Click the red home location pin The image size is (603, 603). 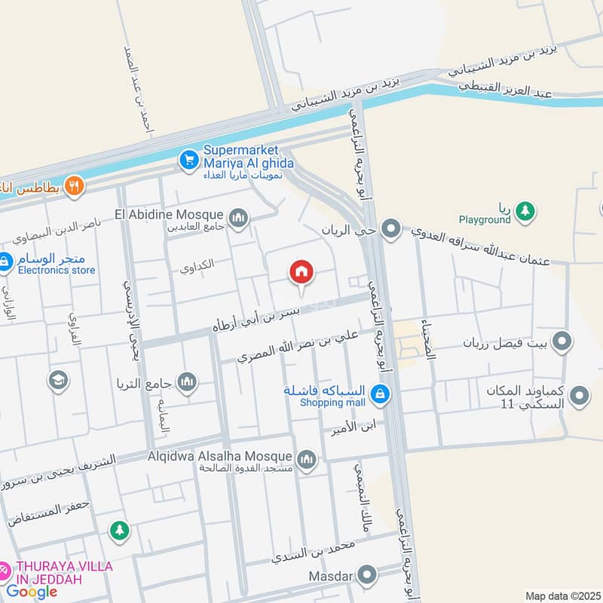tap(301, 273)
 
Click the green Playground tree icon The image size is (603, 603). tap(526, 212)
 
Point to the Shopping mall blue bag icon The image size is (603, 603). tap(380, 393)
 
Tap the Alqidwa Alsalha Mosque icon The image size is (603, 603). tap(306, 459)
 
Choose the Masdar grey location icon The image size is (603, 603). tap(367, 577)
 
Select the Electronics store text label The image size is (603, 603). tap(57, 270)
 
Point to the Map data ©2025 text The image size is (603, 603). tap(562, 595)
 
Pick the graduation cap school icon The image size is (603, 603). tap(57, 381)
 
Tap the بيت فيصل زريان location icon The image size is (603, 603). tap(562, 343)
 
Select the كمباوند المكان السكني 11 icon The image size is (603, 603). tap(579, 394)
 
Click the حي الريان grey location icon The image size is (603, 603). tap(390, 228)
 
